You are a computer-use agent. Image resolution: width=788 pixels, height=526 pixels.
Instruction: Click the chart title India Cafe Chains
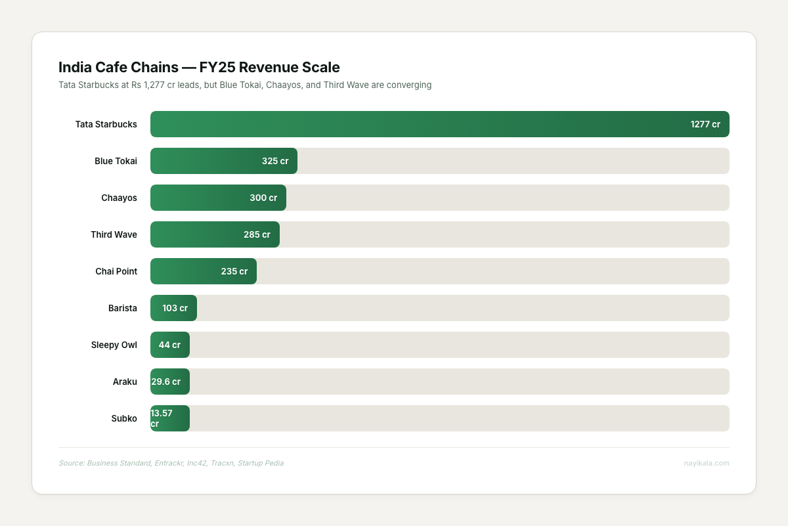[199, 67]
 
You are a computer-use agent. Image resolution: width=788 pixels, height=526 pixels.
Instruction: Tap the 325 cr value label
[274, 161]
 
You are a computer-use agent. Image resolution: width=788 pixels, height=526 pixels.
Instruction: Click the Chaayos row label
[119, 198]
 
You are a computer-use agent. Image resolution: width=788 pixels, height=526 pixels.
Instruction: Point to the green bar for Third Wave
[197, 234]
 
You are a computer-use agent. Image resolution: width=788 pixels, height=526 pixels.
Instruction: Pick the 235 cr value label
[234, 271]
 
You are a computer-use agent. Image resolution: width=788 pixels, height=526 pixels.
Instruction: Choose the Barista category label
[123, 308]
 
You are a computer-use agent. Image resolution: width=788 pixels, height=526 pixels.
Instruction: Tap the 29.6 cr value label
[165, 382]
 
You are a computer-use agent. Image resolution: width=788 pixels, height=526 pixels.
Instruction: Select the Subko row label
[124, 418]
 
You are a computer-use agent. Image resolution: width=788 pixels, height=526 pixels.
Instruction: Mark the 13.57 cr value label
[162, 418]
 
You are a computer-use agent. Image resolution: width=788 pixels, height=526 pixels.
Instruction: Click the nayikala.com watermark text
[707, 463]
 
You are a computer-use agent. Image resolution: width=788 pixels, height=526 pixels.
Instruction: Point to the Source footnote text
[171, 463]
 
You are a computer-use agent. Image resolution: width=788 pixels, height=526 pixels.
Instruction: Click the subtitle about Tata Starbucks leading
[244, 85]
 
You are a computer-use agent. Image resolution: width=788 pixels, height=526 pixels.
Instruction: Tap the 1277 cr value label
[705, 124]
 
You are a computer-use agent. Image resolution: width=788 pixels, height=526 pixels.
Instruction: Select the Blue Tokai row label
[116, 161]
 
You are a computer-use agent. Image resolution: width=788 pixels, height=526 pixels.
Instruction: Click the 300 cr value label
[263, 198]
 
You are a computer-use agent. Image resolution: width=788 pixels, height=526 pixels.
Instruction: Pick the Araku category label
[125, 382]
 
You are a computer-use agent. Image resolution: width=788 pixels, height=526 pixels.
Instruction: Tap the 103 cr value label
[175, 308]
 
